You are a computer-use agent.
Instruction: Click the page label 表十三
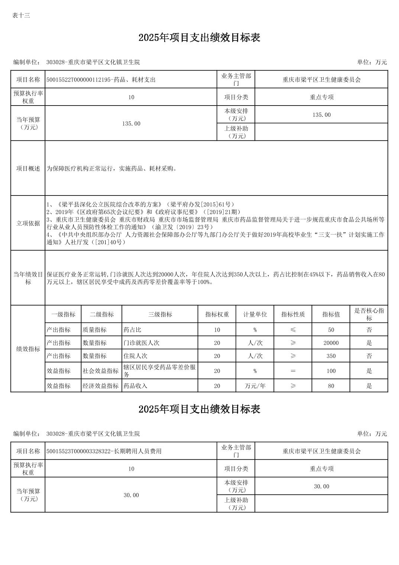[x=21, y=15]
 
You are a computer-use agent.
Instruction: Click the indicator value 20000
[x=331, y=343]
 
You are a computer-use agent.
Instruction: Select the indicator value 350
[x=331, y=356]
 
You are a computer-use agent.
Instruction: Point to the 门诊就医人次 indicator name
[x=142, y=343]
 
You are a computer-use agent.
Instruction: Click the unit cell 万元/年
[x=255, y=386]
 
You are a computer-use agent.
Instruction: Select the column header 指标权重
[x=217, y=314]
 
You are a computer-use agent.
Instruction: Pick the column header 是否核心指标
[x=369, y=314]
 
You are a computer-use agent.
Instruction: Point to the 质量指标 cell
[x=95, y=330]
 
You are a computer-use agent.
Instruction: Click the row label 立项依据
[x=28, y=223]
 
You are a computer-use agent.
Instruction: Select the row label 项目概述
[x=28, y=168]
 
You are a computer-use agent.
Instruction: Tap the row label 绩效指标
[x=28, y=349]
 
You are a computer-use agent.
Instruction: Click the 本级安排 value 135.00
[x=321, y=115]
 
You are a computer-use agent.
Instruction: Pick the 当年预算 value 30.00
[x=131, y=495]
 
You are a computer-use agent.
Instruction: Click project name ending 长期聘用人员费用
[x=104, y=451]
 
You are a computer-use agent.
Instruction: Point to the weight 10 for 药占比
[x=217, y=330]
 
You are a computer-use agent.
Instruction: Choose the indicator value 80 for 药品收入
[x=331, y=386]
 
